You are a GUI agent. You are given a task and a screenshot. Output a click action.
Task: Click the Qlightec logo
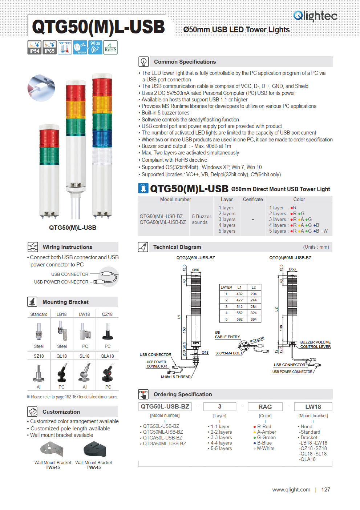tap(315, 16)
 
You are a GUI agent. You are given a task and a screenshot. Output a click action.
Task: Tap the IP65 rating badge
tap(49, 47)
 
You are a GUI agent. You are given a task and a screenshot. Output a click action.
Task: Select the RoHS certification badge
tap(110, 47)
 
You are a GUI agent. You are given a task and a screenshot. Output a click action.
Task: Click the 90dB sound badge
tap(95, 47)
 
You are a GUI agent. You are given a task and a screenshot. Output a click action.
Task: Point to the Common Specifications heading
tap(185, 62)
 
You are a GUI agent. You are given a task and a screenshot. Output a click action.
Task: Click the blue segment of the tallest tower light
tap(102, 137)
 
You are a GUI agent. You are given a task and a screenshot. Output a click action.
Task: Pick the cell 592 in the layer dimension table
tap(239, 320)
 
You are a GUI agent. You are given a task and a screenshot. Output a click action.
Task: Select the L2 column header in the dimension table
tap(254, 287)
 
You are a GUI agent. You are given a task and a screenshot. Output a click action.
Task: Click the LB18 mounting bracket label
tap(61, 314)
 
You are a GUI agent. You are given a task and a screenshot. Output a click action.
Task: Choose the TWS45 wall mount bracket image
tap(52, 449)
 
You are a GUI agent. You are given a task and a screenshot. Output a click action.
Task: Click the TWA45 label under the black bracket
tap(94, 467)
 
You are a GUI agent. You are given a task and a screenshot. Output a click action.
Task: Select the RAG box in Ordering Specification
tap(265, 407)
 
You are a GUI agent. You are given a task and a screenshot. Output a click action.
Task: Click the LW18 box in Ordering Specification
tap(313, 407)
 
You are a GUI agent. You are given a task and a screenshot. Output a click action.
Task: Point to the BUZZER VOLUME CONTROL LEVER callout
tap(315, 344)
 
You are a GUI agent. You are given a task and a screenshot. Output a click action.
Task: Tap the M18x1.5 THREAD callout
tap(175, 377)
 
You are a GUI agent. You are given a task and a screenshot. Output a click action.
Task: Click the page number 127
tap(325, 490)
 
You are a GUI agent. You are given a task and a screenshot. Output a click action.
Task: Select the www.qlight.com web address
tap(291, 490)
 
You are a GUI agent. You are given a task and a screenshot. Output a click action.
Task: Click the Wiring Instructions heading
tap(68, 247)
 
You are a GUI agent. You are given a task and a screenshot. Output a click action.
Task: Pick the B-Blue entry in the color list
tap(264, 443)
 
